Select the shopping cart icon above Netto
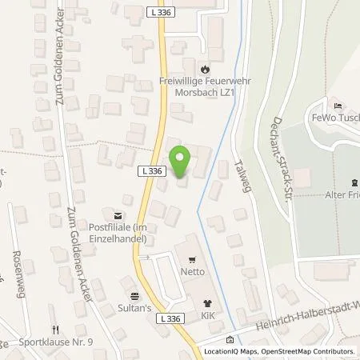click(191, 259)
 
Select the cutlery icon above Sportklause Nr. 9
click(56, 328)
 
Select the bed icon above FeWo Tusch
click(337, 106)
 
